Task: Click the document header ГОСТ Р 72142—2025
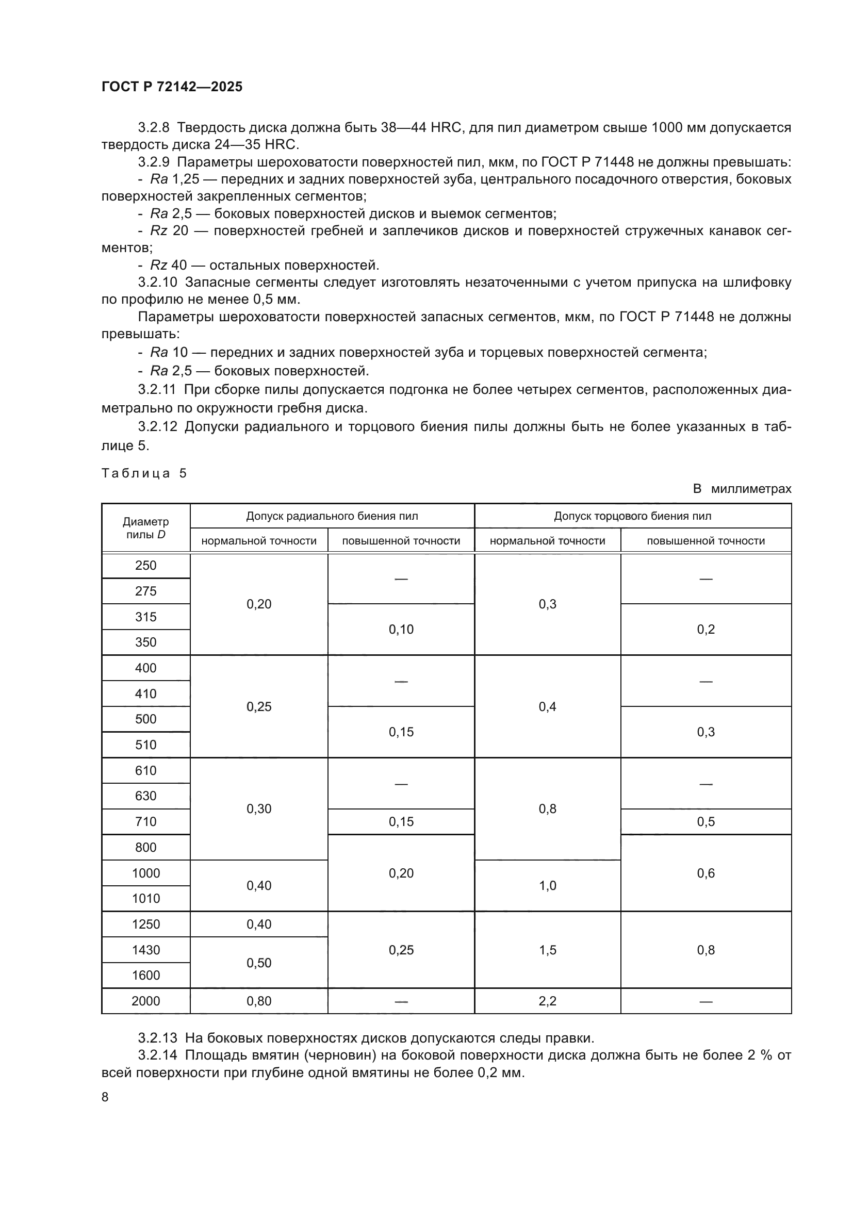172,87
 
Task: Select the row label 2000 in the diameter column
145,1001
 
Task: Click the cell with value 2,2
547,1001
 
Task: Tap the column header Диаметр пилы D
145,528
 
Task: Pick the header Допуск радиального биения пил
332,516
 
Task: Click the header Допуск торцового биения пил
632,516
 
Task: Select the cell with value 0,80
258,1001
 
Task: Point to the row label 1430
145,950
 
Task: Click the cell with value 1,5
547,950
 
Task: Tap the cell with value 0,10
401,629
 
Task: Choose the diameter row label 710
145,821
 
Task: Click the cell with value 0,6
706,873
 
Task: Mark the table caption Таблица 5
144,473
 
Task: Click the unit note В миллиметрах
742,489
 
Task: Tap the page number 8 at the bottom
105,1097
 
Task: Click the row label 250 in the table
145,565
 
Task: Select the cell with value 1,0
547,886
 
